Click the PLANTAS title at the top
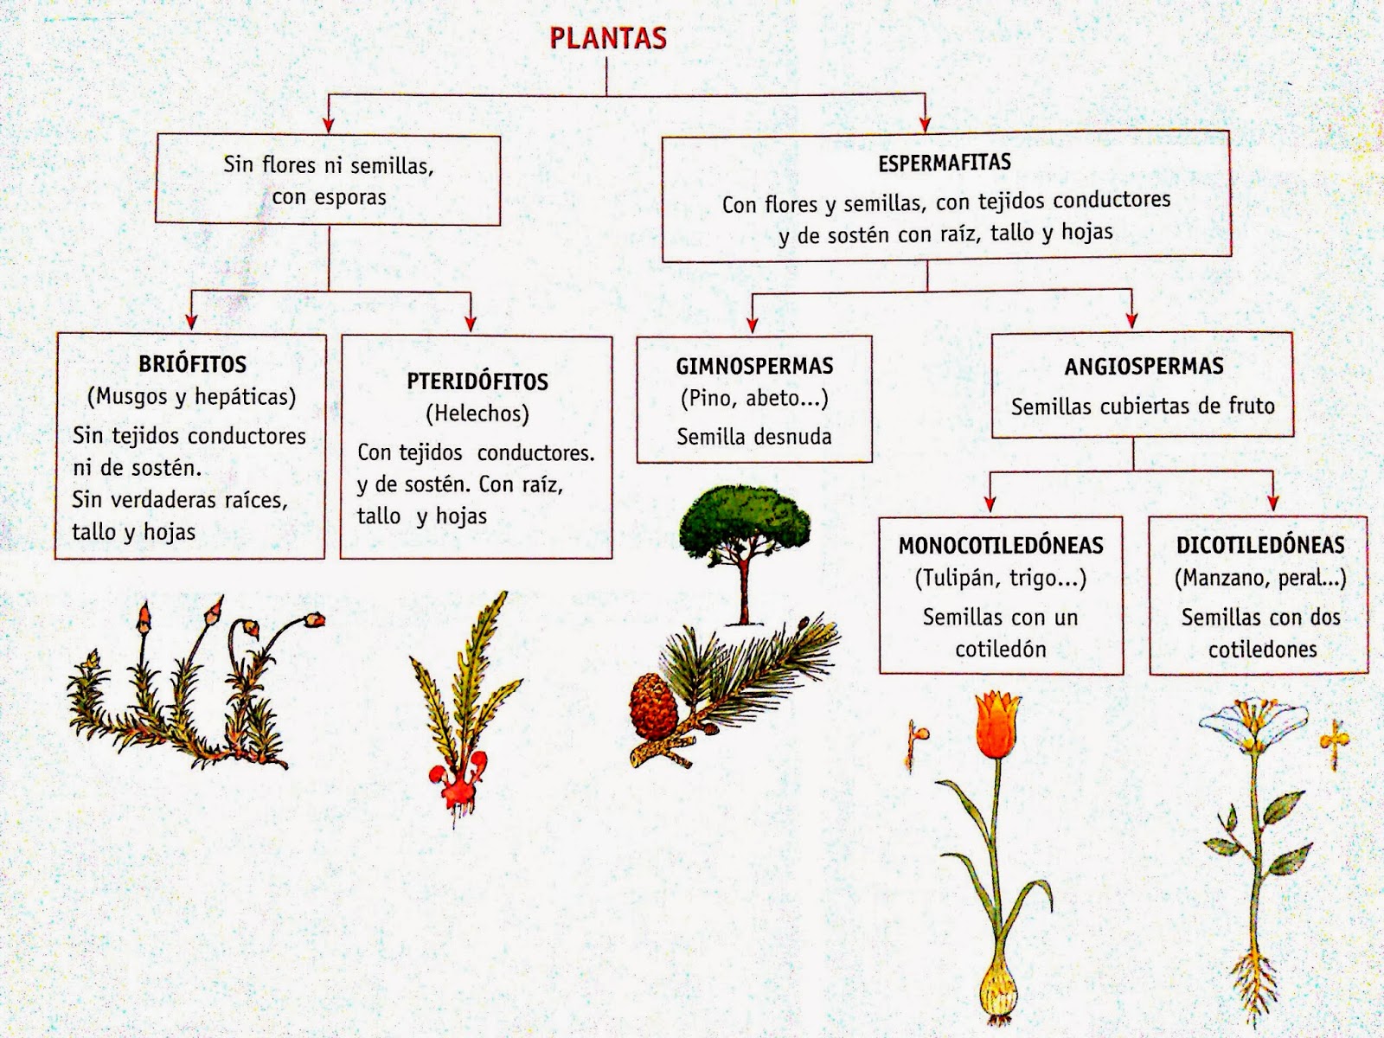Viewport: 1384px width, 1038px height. coord(608,39)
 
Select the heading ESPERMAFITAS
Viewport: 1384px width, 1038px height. coord(945,163)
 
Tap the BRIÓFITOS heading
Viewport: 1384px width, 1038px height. coord(192,363)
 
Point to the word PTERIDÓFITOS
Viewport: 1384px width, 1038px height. coord(477,381)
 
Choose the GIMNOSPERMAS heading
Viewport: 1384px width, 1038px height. coord(754,366)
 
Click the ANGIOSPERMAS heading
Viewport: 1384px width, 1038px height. coord(1144,366)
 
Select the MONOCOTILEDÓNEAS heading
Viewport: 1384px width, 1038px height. coord(1001,546)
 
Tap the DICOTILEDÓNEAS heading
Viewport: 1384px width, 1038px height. coord(1259,545)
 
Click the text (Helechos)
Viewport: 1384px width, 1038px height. coord(477,413)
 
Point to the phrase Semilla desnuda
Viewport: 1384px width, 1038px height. coord(754,437)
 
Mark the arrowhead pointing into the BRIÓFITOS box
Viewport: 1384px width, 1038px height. coord(191,324)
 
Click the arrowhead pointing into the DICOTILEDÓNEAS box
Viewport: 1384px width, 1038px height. coord(1272,503)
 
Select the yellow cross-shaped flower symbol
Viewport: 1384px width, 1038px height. coord(1333,740)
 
